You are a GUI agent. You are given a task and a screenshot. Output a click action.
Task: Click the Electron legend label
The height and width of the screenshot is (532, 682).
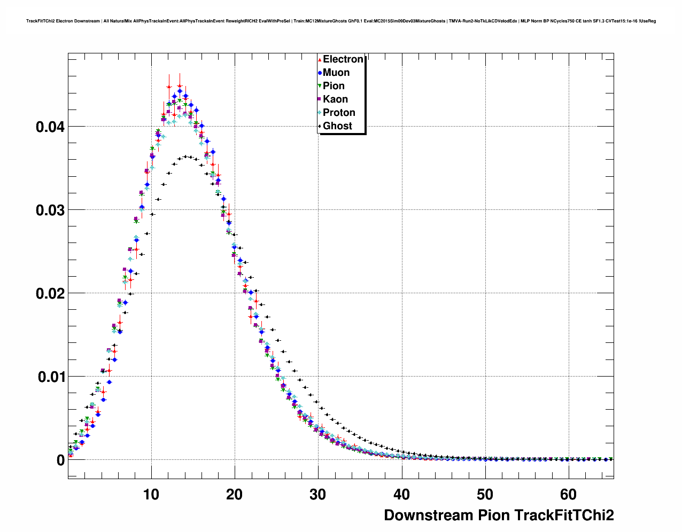(x=343, y=59)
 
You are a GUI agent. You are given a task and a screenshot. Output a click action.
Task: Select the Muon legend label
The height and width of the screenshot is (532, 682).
(x=336, y=73)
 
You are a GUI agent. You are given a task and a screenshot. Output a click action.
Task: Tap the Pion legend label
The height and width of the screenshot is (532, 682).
(x=334, y=86)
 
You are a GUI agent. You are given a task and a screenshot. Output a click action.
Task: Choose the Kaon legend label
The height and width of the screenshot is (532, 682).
(x=335, y=99)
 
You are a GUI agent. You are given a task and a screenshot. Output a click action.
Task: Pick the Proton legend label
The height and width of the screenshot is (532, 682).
(x=339, y=113)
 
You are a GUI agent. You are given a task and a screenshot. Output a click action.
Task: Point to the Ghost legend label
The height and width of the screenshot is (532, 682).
(x=337, y=126)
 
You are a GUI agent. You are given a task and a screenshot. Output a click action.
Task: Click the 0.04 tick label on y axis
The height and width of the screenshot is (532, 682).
(x=50, y=127)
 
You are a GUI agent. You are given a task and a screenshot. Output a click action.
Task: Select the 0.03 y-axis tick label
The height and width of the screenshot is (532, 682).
(x=50, y=210)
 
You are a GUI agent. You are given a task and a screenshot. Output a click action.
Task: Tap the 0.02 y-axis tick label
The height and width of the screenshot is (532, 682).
(x=50, y=294)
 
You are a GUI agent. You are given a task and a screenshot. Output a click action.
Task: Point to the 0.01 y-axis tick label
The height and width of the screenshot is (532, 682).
(x=50, y=377)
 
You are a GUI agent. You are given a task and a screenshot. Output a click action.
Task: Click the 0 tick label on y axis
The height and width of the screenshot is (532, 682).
(x=60, y=460)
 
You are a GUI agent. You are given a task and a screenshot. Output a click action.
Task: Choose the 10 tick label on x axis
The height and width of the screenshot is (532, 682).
(x=151, y=495)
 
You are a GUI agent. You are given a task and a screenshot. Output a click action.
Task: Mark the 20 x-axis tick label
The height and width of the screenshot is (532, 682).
(x=235, y=495)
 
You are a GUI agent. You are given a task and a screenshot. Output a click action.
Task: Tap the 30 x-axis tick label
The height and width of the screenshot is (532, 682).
(x=318, y=495)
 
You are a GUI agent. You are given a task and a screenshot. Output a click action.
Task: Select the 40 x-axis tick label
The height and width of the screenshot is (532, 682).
(x=401, y=495)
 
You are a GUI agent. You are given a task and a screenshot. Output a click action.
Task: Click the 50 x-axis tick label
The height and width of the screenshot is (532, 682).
(x=485, y=495)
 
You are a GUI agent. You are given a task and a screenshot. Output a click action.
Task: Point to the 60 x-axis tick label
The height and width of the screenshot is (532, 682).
(x=569, y=495)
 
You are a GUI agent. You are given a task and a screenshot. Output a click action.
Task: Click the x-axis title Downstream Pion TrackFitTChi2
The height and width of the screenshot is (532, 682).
(x=499, y=515)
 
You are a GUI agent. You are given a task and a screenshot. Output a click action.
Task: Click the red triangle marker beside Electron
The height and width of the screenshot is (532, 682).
(x=320, y=59)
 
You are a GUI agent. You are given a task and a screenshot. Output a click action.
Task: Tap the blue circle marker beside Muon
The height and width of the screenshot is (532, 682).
(x=320, y=73)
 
